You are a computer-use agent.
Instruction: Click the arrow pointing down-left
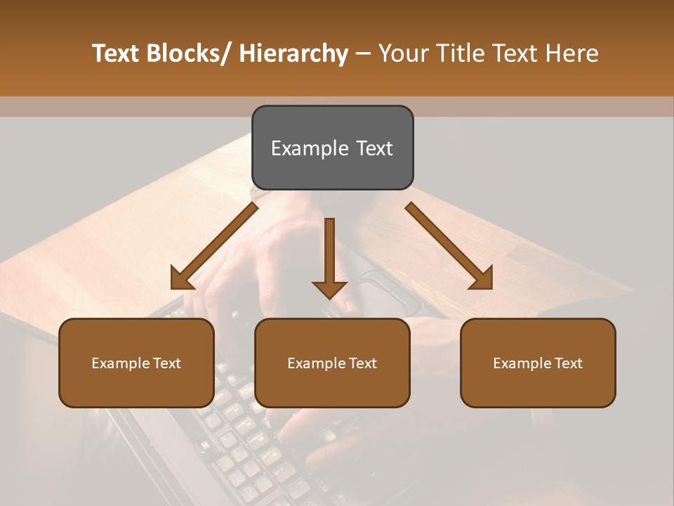[x=214, y=247]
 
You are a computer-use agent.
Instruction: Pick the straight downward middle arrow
[x=329, y=260]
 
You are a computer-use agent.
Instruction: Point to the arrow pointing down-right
[x=449, y=246]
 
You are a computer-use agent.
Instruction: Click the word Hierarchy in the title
[x=293, y=53]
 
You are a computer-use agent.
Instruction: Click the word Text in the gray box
[x=374, y=149]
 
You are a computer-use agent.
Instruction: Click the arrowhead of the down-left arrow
[x=181, y=280]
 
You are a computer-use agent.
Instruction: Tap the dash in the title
[x=363, y=53]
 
